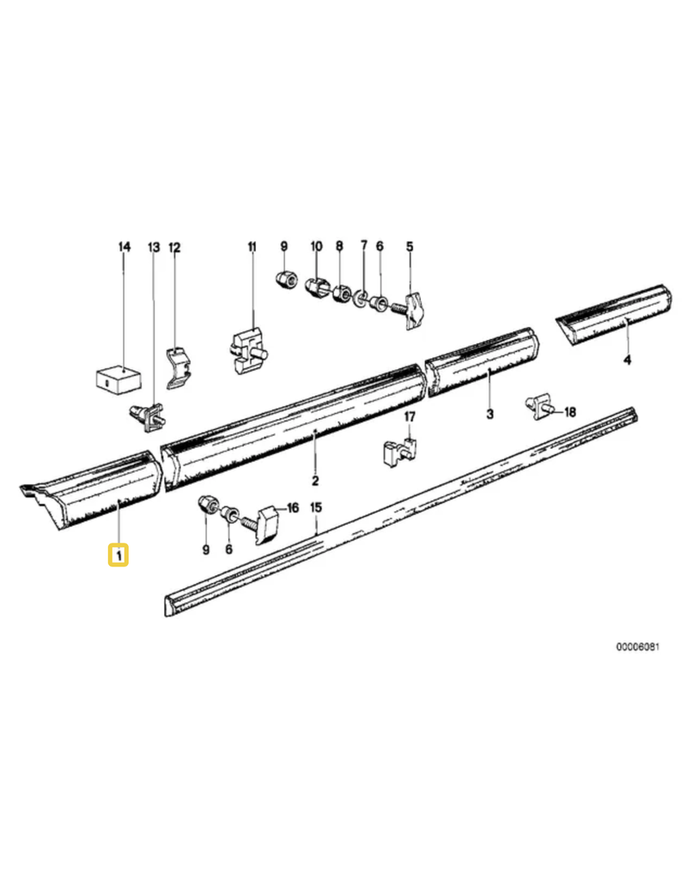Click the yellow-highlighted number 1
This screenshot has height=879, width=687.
coord(119,555)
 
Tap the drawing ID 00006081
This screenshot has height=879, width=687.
coord(638,647)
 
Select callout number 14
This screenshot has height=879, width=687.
coord(124,246)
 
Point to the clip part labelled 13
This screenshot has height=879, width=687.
coord(147,417)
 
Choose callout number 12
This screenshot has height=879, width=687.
coord(174,247)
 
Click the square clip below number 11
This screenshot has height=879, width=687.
coord(247,351)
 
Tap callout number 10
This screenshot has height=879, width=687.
coord(317,246)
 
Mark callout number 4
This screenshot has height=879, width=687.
coord(628,360)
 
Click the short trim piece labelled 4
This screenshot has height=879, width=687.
coord(613,315)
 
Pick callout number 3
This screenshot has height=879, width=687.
coord(490,415)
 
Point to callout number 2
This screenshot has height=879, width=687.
coord(315,481)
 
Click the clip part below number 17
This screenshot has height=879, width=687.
coord(400,452)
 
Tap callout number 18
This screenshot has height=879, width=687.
coord(570,413)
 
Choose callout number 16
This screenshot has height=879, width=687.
coord(293,508)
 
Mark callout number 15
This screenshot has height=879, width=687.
coord(316,508)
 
